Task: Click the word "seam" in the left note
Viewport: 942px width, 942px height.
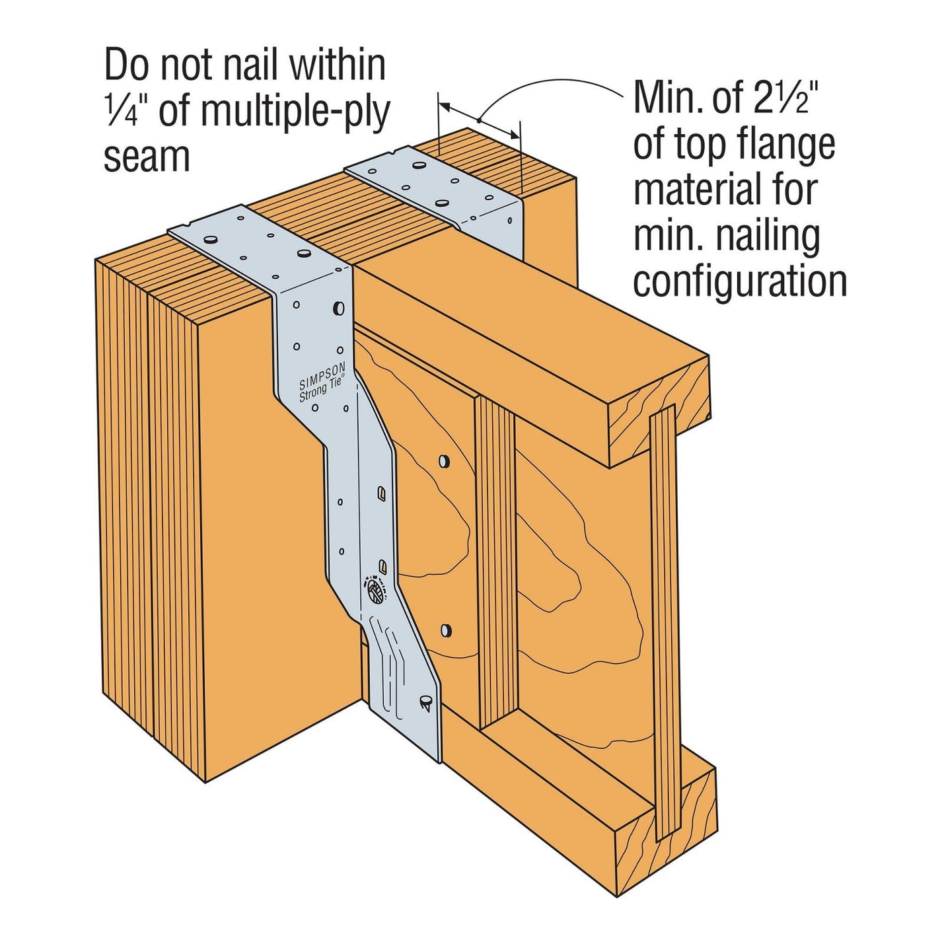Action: [x=146, y=157]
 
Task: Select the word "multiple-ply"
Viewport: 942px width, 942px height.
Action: [x=295, y=110]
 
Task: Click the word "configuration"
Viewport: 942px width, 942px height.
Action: [x=740, y=281]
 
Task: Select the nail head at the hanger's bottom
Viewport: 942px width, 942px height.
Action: [x=425, y=699]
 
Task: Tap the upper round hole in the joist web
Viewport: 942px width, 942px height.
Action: [x=445, y=461]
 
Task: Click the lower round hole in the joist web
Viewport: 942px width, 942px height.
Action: [x=446, y=630]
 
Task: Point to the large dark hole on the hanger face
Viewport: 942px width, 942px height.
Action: [x=339, y=307]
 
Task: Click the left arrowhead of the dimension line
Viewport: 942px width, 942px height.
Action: [x=444, y=105]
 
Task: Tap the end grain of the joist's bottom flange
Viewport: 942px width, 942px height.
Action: [x=667, y=832]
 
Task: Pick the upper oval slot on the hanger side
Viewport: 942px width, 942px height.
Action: [x=382, y=492]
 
